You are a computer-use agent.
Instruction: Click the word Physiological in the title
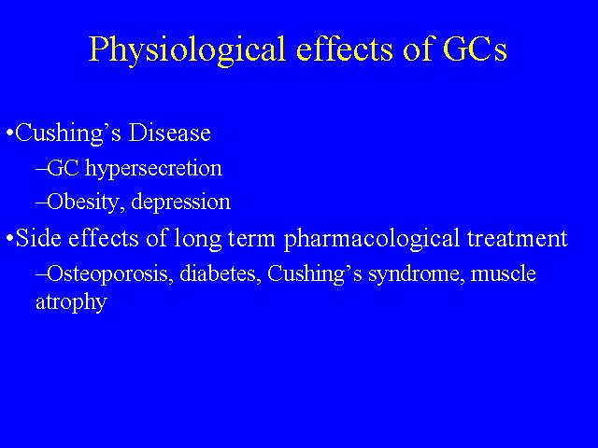click(x=187, y=50)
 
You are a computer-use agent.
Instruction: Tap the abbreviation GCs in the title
click(x=476, y=49)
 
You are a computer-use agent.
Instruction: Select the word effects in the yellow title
click(x=345, y=49)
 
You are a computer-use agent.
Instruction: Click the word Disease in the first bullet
click(x=169, y=133)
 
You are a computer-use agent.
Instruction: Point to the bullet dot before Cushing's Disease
click(x=10, y=133)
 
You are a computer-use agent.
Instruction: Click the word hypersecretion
click(x=153, y=169)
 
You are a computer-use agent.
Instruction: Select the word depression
click(x=180, y=202)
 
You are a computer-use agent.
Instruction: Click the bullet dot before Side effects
click(x=10, y=239)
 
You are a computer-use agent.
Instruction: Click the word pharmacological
click(x=372, y=239)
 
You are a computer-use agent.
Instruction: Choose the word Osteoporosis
click(x=107, y=273)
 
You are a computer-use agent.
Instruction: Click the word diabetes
click(x=218, y=273)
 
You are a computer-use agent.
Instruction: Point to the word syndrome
click(x=415, y=274)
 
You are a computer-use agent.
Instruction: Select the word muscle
click(x=504, y=273)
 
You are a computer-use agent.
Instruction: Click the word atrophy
click(x=71, y=302)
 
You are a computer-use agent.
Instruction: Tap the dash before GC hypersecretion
click(x=41, y=168)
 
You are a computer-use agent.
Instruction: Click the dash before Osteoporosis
click(x=41, y=273)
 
